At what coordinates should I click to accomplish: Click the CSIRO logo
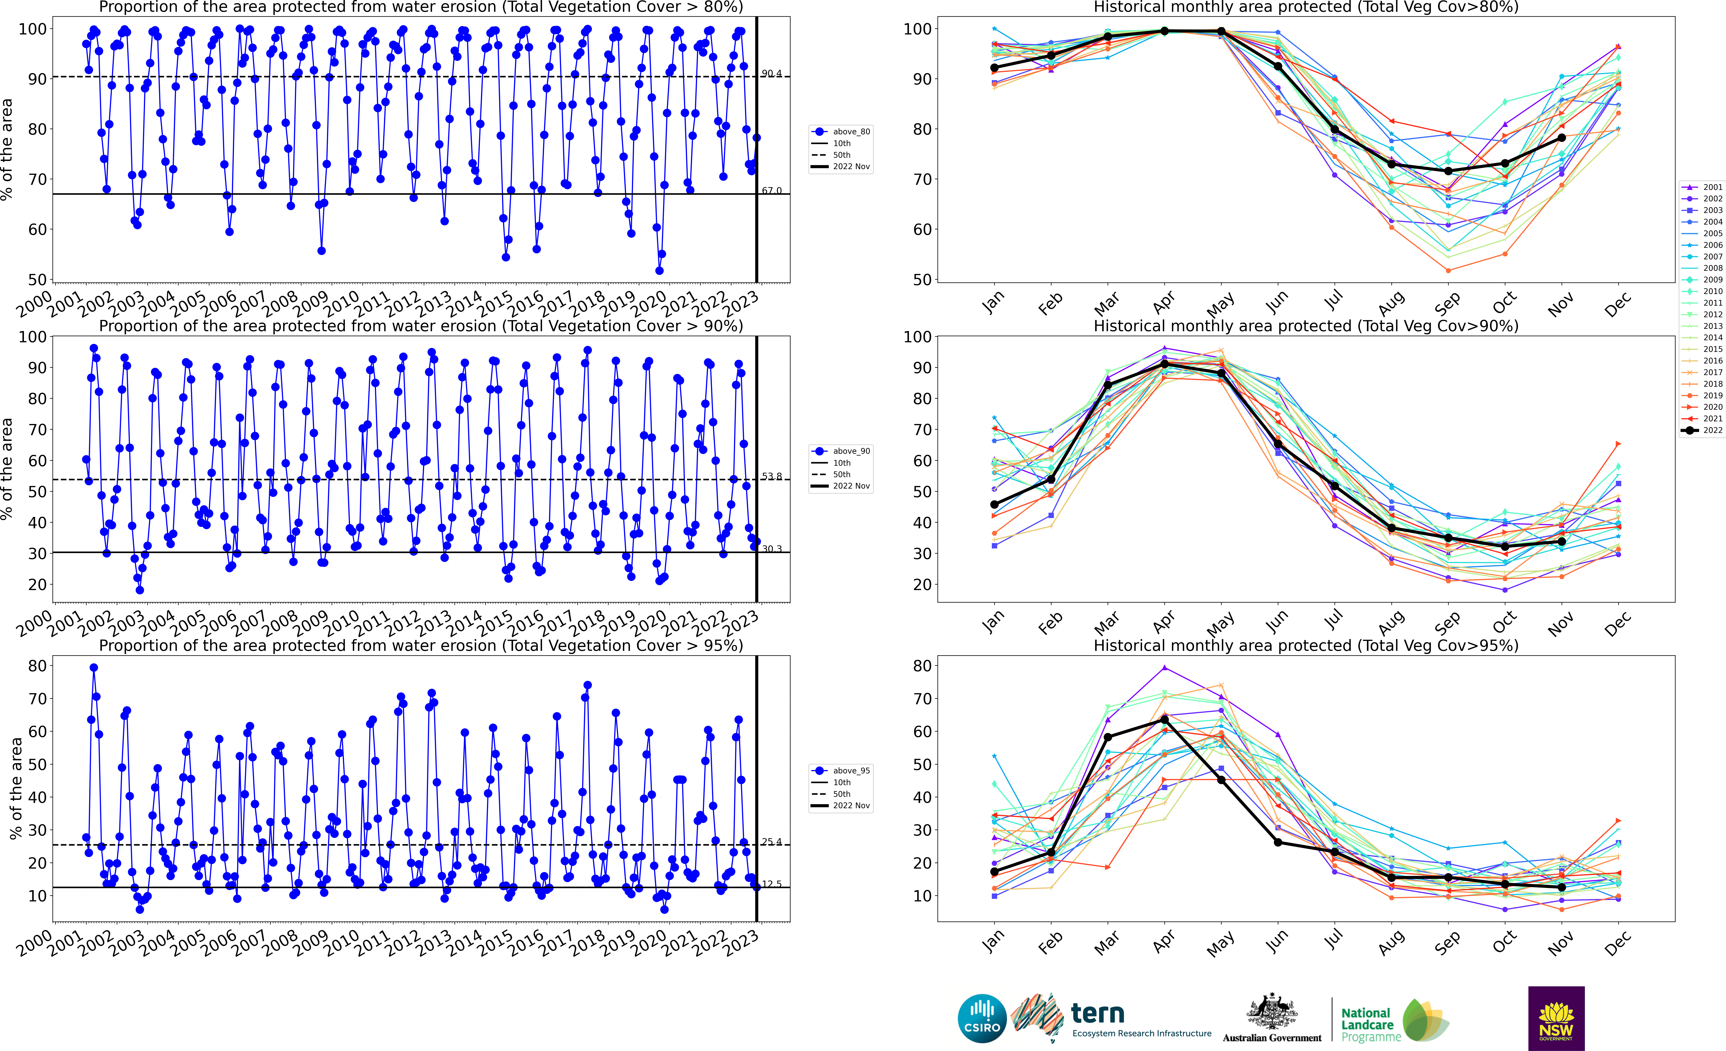click(982, 1018)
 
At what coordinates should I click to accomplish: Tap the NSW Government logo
click(1556, 1018)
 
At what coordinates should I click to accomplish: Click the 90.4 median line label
click(771, 74)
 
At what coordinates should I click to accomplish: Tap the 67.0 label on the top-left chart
click(771, 191)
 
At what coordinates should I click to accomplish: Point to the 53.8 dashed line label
click(771, 476)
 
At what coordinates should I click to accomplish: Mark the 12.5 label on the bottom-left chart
click(771, 884)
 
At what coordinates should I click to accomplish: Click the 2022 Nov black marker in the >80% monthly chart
click(1561, 138)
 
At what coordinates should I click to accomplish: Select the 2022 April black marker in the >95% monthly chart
click(1164, 720)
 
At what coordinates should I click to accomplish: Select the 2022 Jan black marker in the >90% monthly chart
click(994, 504)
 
